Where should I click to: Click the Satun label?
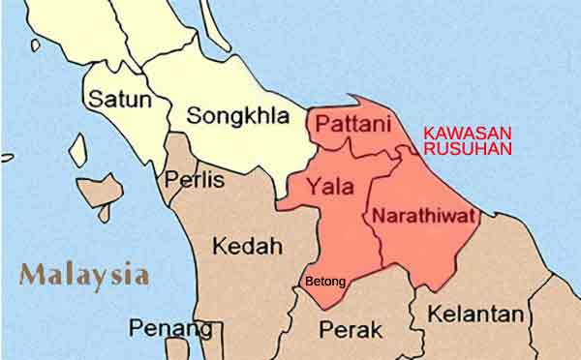coord(114,99)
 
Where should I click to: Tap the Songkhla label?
coord(238,116)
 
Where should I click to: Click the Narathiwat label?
coord(424,215)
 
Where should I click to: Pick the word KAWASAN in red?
coord(469,133)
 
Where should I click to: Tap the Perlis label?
coord(194,180)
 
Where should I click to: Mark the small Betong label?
coord(324,283)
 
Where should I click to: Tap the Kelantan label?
coord(475,315)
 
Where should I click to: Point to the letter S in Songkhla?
coord(194,116)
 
